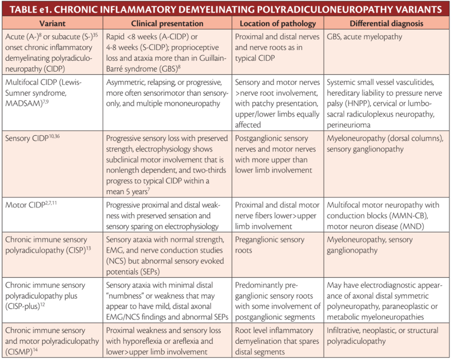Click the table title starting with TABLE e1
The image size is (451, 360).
click(x=225, y=9)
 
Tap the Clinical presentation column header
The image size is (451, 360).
click(x=167, y=24)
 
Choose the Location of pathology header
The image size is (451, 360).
click(x=278, y=24)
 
